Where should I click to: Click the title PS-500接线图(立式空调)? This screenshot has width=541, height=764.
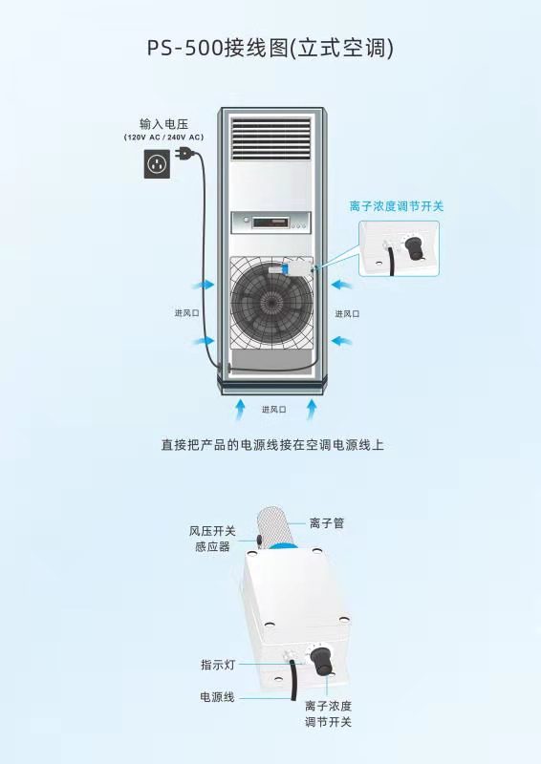[270, 49]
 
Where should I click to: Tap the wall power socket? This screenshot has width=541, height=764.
[157, 163]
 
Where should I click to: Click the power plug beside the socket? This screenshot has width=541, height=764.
[184, 154]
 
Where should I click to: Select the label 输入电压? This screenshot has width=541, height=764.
[163, 124]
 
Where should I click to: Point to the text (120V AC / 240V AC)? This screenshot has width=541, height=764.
[163, 138]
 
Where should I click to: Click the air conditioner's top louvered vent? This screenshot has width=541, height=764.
[270, 138]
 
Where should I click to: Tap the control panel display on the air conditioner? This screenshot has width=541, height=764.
[270, 223]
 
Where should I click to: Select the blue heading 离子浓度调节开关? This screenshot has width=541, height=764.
[396, 206]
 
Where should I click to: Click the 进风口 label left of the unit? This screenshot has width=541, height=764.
[186, 313]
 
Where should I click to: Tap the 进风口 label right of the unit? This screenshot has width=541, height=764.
[347, 314]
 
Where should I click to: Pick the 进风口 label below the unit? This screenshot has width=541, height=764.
[273, 410]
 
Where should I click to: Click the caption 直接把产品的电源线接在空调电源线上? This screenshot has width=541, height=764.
[272, 445]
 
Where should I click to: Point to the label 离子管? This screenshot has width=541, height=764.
[327, 523]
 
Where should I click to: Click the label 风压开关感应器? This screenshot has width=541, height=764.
[212, 539]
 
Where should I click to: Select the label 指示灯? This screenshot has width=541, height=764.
[218, 665]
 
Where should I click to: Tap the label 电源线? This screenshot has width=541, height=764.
[217, 697]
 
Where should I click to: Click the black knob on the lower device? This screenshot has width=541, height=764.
[321, 660]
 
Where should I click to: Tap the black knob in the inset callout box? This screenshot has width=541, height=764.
[413, 246]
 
